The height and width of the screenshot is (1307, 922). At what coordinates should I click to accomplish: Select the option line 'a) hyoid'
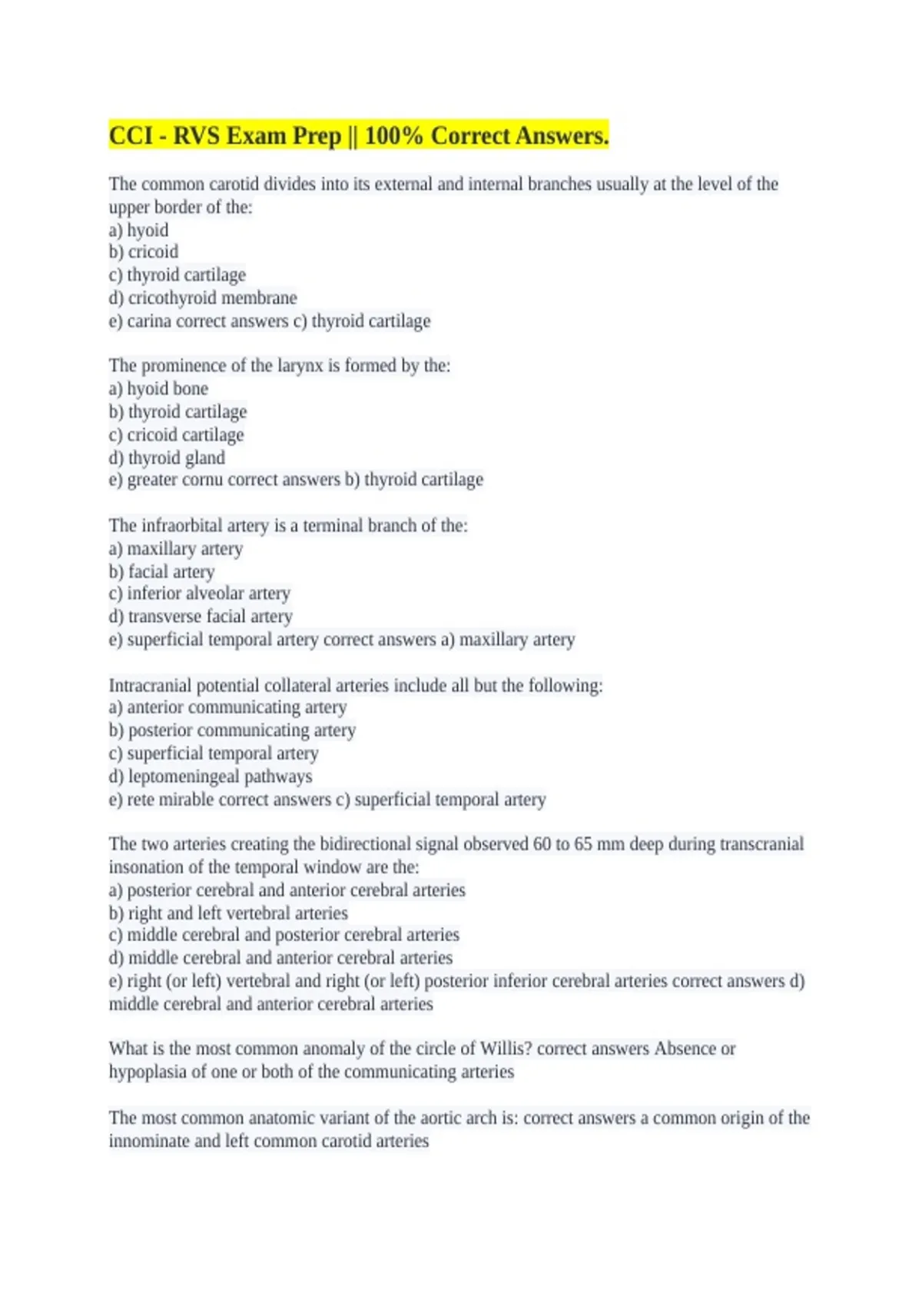point(138,230)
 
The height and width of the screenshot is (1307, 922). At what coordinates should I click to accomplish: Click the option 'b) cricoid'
point(144,252)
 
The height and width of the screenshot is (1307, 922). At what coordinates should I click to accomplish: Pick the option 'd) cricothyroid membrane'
point(203,298)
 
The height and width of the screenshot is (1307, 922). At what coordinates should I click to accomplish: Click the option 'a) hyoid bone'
point(158,388)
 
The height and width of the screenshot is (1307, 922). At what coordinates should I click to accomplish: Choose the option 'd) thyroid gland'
point(167,457)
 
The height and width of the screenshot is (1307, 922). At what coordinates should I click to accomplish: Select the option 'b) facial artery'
point(161,571)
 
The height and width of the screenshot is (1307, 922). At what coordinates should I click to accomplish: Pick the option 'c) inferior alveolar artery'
point(200,594)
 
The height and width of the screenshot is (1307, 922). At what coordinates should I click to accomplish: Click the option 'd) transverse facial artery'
point(201,617)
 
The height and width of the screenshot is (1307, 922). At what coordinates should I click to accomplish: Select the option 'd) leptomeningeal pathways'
point(211,777)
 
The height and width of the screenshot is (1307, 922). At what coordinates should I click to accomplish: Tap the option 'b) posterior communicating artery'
point(232,730)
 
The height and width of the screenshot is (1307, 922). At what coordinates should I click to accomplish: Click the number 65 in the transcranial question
point(583,844)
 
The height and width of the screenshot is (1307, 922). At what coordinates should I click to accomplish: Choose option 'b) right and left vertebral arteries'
point(228,913)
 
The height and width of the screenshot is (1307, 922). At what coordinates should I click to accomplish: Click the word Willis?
point(506,1049)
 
